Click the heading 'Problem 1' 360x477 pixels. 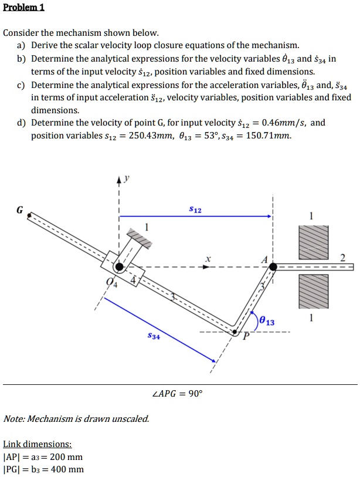(24, 8)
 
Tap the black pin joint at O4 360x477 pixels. (119, 267)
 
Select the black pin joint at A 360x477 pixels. (273, 267)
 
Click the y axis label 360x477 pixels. (125, 178)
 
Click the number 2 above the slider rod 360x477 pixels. (343, 257)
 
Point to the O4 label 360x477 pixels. (110, 282)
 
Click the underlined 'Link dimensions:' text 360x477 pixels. (38, 444)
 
